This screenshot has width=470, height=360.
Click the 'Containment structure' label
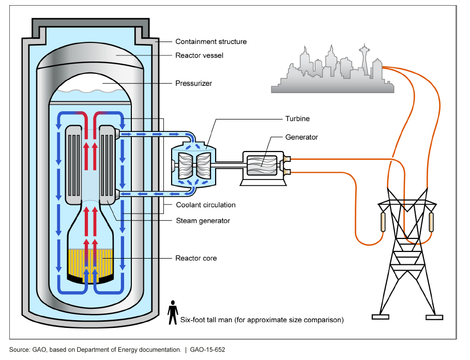[211, 41]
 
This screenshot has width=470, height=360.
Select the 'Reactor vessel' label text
[199, 55]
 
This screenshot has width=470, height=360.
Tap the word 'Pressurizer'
[193, 83]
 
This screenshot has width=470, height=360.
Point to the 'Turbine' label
[297, 118]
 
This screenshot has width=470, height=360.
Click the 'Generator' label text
[301, 138]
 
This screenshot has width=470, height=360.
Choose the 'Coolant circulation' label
[205, 205]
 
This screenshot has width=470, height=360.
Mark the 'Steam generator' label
[202, 221]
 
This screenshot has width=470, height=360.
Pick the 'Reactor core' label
[196, 258]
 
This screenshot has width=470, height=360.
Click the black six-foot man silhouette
[172, 311]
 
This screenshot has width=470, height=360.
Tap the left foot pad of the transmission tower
[381, 317]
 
